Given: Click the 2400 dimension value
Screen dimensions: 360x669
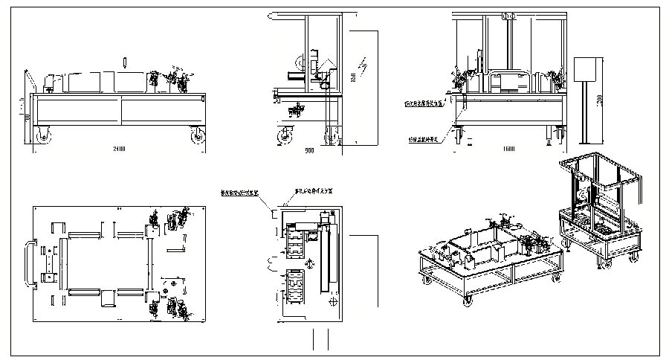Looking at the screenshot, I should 118,150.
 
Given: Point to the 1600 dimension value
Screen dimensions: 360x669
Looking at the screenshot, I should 508,150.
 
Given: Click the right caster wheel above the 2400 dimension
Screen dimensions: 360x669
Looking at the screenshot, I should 198,135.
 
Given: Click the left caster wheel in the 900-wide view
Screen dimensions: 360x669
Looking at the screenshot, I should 285,136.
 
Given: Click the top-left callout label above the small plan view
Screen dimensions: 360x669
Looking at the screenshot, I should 240,192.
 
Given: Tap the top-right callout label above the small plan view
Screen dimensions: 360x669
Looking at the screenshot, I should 314,190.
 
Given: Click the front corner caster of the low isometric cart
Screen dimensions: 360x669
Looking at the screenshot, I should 468,301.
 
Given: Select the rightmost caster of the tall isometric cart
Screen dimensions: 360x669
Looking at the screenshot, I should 633,257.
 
